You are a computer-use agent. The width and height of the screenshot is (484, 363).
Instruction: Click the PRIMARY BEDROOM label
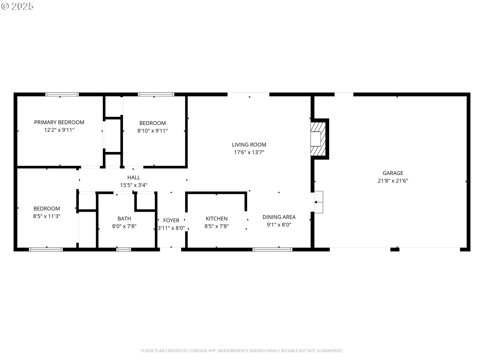[x=59, y=122]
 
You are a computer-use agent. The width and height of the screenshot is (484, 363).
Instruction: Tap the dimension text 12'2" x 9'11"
[x=59, y=130]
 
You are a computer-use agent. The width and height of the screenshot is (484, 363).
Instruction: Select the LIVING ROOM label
[x=249, y=145]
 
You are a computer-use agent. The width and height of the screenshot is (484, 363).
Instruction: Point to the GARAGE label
[x=393, y=173]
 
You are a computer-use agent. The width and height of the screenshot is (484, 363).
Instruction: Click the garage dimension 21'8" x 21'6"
[x=393, y=181]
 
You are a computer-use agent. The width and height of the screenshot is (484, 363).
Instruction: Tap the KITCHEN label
[x=217, y=219]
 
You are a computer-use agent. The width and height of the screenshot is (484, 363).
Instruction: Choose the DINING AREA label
[x=279, y=217]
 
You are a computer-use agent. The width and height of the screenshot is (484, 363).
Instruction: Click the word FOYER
[x=171, y=220]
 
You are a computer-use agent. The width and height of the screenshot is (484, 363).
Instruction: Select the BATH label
[x=124, y=219]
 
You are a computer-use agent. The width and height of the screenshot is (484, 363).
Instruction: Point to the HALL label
[x=134, y=177]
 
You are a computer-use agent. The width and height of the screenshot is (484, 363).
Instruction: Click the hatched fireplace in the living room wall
[x=318, y=139]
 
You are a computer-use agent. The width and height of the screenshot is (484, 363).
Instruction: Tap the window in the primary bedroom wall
[x=62, y=95]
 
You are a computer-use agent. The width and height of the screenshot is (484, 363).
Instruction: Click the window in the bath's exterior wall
[x=124, y=250]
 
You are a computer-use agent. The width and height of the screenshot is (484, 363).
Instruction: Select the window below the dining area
[x=273, y=250]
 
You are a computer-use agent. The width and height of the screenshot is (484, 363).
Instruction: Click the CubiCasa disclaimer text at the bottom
[x=242, y=351]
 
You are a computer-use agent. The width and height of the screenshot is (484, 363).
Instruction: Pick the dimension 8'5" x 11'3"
[x=47, y=216]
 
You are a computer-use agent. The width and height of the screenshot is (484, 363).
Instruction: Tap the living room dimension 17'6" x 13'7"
[x=249, y=152]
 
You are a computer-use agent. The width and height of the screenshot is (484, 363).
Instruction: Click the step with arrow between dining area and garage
[x=319, y=202]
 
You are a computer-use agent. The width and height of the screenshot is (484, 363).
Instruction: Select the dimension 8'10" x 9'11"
[x=153, y=131]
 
